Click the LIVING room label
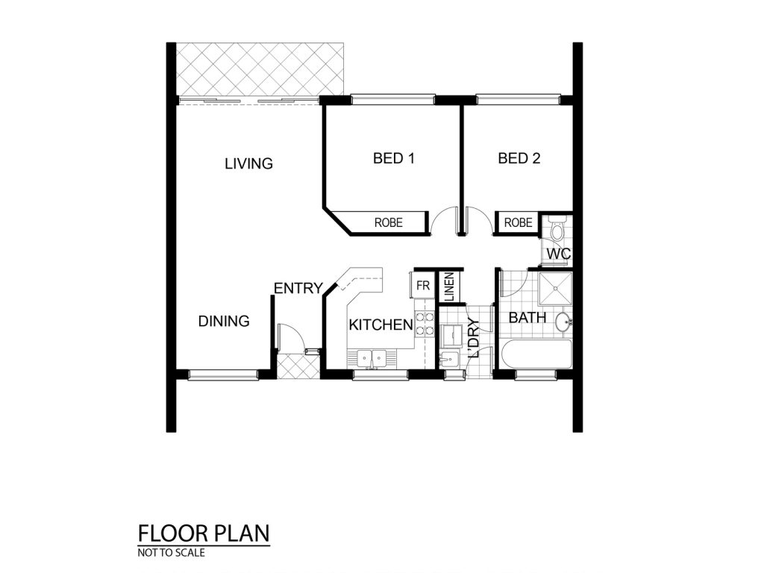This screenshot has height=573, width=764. (248, 163)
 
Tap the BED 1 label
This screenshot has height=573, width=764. (394, 158)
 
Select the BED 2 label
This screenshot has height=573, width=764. (519, 158)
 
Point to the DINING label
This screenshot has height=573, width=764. (224, 321)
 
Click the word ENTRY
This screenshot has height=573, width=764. (298, 289)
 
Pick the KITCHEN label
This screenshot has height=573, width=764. (381, 325)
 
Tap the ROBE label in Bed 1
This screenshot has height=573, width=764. (388, 222)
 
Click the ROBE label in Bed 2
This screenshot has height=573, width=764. (518, 222)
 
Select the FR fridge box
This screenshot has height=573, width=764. (422, 286)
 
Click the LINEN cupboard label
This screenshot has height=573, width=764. (449, 287)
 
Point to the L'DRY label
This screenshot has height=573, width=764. (474, 338)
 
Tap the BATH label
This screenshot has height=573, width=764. (527, 318)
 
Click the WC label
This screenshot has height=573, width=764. (558, 254)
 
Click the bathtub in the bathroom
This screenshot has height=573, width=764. (536, 354)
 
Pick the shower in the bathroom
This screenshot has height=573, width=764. (555, 289)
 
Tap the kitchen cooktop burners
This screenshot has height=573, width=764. (424, 324)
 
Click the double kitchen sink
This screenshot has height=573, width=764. (372, 360)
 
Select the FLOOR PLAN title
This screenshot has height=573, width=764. (204, 533)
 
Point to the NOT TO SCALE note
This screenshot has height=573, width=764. (171, 553)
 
